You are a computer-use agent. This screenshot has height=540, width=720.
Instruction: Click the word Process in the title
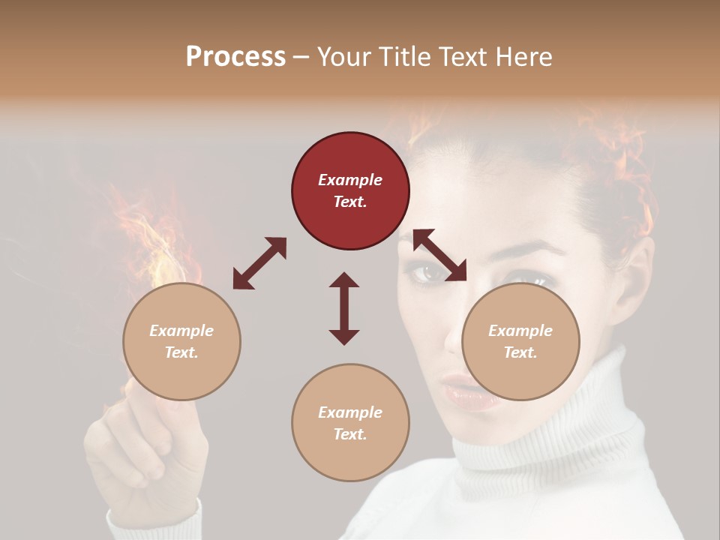(x=235, y=57)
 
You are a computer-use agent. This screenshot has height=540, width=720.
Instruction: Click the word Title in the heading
(x=406, y=57)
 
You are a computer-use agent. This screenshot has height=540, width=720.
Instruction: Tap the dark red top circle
(x=350, y=191)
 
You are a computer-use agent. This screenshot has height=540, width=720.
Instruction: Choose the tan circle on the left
(x=181, y=341)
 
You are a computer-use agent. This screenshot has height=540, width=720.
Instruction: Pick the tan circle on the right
(x=520, y=341)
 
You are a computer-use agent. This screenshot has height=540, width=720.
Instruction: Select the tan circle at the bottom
(x=350, y=422)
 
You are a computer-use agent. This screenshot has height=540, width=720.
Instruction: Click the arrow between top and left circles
(x=259, y=263)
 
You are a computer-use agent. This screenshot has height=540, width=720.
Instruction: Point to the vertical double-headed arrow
(x=344, y=308)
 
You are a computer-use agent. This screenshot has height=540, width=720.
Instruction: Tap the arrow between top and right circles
(x=439, y=255)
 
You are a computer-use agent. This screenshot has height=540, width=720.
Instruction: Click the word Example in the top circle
(x=350, y=180)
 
